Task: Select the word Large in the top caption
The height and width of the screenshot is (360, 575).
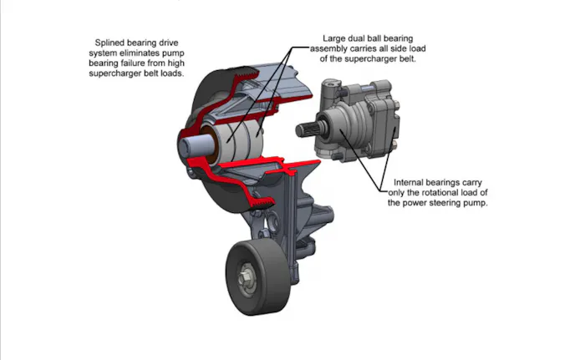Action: pyautogui.click(x=336, y=38)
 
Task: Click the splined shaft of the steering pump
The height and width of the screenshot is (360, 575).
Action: pyautogui.click(x=307, y=130)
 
